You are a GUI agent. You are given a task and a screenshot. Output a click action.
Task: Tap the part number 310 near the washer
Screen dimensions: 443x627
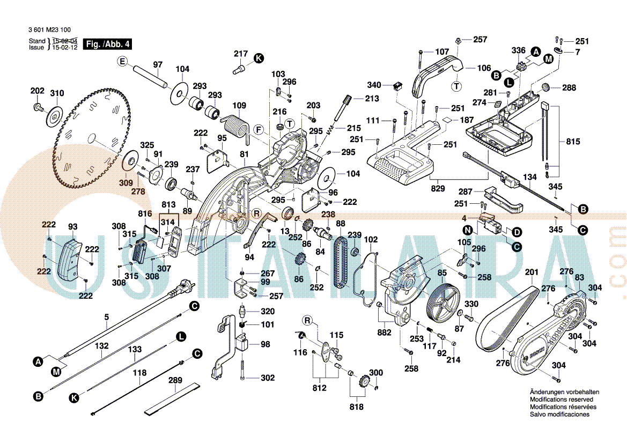(x=57, y=93)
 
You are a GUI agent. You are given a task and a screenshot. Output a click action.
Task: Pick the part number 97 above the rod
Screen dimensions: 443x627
(x=157, y=65)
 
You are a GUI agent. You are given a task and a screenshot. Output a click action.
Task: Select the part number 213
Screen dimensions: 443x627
(x=372, y=99)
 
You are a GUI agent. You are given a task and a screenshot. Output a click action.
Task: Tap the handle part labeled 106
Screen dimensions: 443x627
(x=440, y=72)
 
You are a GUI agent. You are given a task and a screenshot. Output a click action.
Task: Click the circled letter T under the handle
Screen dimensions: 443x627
(x=456, y=85)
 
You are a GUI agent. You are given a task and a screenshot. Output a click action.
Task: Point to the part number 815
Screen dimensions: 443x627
(x=573, y=142)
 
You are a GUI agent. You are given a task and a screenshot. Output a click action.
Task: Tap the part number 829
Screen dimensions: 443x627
(x=438, y=188)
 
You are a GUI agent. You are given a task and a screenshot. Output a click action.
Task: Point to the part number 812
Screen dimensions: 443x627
(x=320, y=387)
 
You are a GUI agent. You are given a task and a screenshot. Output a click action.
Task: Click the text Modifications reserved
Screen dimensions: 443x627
(x=561, y=400)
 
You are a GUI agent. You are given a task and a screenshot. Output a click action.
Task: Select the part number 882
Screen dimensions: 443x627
(x=384, y=333)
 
